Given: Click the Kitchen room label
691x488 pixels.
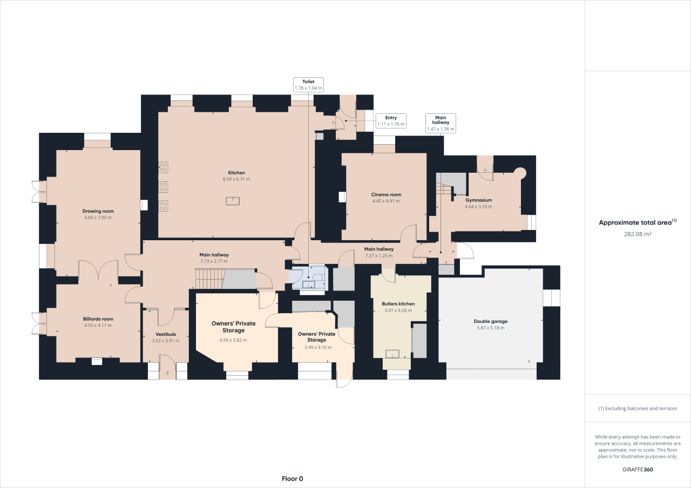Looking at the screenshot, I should (236, 173).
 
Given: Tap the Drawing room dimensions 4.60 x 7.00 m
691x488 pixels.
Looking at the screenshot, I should (98, 218).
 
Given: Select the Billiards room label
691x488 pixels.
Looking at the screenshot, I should (98, 318).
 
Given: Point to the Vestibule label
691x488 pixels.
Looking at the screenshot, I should (165, 334).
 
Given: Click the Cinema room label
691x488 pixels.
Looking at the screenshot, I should (386, 194).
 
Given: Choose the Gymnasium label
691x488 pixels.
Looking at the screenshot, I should (478, 200).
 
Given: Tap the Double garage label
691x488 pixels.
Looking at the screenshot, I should (491, 321).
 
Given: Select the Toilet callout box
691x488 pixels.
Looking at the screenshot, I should (308, 85).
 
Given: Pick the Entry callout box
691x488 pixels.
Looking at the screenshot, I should (391, 121).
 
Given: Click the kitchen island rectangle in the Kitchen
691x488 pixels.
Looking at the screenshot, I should (233, 201).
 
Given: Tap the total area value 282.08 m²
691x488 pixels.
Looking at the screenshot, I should (638, 234).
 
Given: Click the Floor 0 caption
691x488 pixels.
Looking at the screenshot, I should (293, 478).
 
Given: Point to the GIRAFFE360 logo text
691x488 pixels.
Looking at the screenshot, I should (638, 470).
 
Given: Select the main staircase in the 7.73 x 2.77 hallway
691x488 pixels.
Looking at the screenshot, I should (209, 279).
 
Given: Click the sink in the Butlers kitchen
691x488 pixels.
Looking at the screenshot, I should (391, 354).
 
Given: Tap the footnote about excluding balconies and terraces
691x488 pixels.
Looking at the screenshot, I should (638, 409).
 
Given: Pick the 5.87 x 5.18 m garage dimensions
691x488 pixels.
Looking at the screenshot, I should (491, 328).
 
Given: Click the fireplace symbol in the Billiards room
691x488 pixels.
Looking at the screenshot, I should (97, 361).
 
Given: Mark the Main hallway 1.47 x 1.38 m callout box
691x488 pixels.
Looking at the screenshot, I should (441, 123).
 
